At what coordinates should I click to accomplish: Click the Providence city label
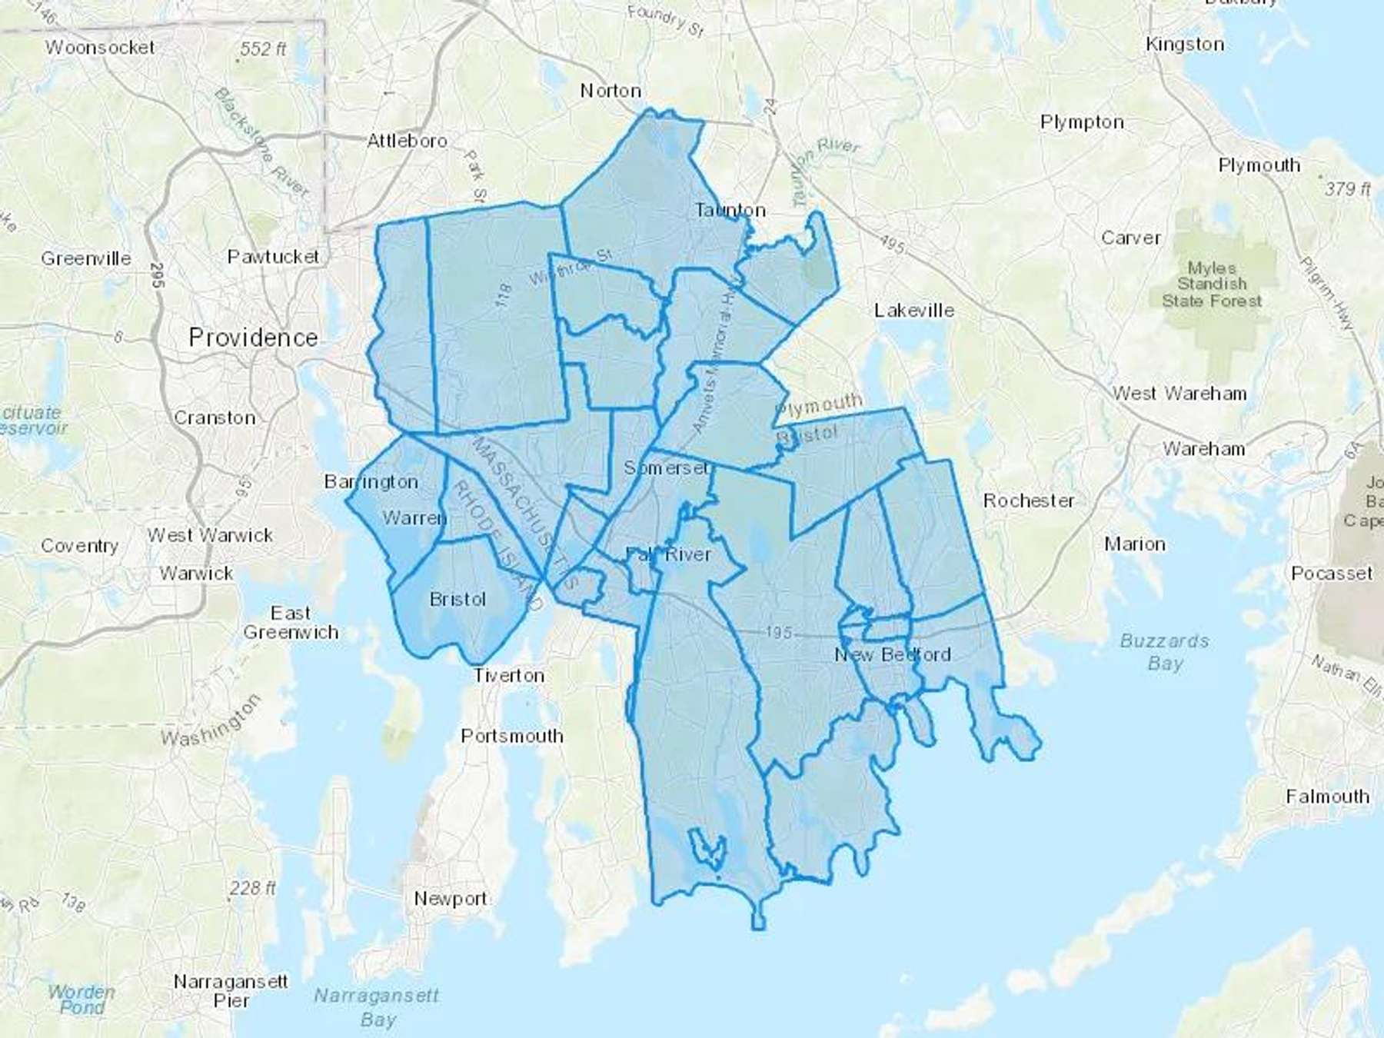[253, 338]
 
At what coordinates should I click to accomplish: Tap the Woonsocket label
[100, 48]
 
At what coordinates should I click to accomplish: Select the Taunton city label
[730, 210]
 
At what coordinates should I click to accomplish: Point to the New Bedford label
[893, 654]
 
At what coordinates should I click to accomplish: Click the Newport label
[451, 898]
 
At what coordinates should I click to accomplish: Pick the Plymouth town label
[1259, 165]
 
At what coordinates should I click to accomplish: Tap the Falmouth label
[1328, 797]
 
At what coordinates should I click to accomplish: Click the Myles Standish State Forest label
[1212, 284]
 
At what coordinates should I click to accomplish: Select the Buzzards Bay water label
[1164, 651]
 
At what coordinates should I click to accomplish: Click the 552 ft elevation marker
[263, 49]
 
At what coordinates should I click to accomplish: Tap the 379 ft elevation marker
[1348, 188]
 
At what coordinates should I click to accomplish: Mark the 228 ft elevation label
[252, 888]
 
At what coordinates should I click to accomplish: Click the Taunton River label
[826, 161]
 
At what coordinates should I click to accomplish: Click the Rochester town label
[1029, 501]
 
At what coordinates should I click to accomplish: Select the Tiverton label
[508, 675]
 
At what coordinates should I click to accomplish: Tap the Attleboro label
[407, 141]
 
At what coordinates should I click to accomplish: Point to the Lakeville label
[914, 310]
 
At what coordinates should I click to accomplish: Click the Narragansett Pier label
[231, 991]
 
